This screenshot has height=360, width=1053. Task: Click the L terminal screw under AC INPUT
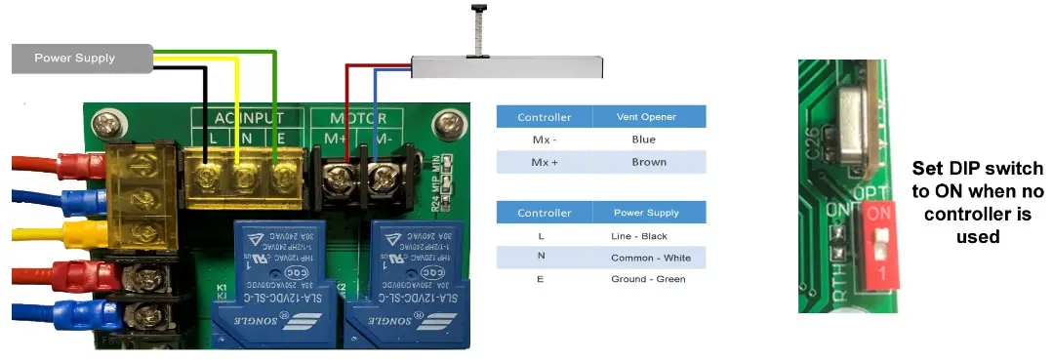(x=208, y=176)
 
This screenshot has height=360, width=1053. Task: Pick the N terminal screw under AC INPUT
(x=244, y=177)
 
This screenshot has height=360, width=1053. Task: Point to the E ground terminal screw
(x=281, y=177)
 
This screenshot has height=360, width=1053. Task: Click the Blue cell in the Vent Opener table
(x=649, y=140)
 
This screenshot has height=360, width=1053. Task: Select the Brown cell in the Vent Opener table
(x=649, y=162)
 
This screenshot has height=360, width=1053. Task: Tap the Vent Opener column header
(x=649, y=117)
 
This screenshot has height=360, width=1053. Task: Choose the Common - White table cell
(x=649, y=258)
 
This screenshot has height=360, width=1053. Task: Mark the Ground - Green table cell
(x=649, y=279)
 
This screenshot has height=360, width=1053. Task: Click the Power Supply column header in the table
(x=649, y=213)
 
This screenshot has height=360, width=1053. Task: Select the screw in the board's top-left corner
(x=103, y=125)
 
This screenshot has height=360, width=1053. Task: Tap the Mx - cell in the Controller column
(x=544, y=140)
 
